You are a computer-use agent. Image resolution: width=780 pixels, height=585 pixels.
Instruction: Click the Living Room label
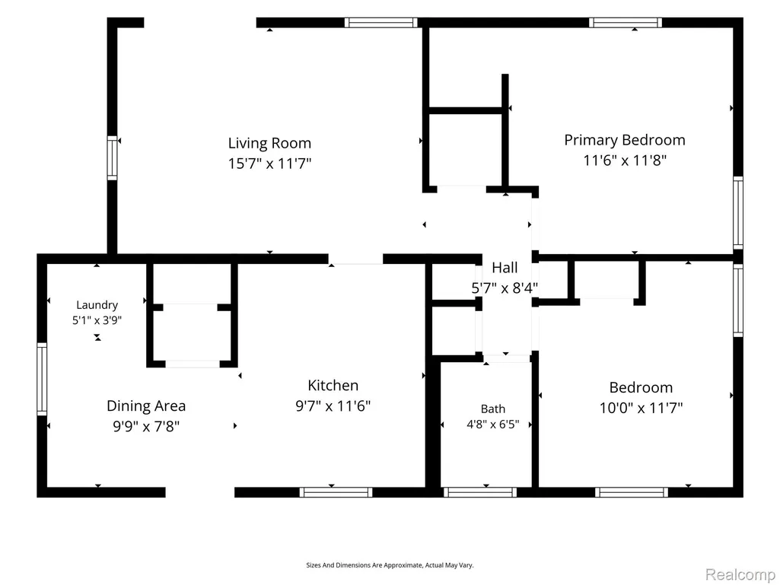pyautogui.click(x=269, y=143)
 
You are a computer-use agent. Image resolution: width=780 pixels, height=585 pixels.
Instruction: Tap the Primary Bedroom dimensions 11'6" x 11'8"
pyautogui.click(x=625, y=161)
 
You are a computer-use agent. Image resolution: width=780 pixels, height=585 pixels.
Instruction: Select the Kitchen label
pyautogui.click(x=333, y=386)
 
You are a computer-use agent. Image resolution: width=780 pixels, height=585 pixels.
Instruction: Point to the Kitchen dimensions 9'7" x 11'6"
pyautogui.click(x=333, y=406)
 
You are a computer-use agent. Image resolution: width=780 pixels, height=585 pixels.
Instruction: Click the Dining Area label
pyautogui.click(x=146, y=406)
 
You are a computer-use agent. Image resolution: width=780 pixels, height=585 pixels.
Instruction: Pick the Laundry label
pyautogui.click(x=97, y=305)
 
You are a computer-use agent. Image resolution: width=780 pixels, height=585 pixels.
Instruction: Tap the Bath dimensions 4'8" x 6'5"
pyautogui.click(x=493, y=424)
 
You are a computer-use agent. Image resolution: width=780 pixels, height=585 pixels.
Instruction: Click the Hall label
pyautogui.click(x=505, y=268)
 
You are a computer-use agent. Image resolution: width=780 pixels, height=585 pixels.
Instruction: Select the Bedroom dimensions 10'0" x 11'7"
pyautogui.click(x=642, y=408)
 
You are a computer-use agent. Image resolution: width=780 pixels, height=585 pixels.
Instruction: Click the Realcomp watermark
pyautogui.click(x=740, y=574)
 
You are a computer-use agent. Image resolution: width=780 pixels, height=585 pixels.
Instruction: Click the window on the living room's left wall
pyautogui.click(x=113, y=158)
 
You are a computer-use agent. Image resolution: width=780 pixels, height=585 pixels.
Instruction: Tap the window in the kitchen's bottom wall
pyautogui.click(x=336, y=492)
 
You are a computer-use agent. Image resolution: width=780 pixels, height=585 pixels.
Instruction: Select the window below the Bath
pyautogui.click(x=480, y=492)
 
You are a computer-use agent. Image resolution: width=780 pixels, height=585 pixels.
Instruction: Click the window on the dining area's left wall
pyautogui.click(x=42, y=379)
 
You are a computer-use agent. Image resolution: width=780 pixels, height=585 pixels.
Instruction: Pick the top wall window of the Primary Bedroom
pyautogui.click(x=626, y=22)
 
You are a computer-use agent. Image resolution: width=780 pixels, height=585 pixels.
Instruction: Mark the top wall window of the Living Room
pyautogui.click(x=381, y=22)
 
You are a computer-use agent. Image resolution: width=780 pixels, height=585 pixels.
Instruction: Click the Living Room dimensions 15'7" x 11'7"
pyautogui.click(x=269, y=163)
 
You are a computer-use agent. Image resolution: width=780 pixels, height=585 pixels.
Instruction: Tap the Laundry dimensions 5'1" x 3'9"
pyautogui.click(x=97, y=320)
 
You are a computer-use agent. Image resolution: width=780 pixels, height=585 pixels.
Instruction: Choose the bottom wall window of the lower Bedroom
pyautogui.click(x=632, y=492)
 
